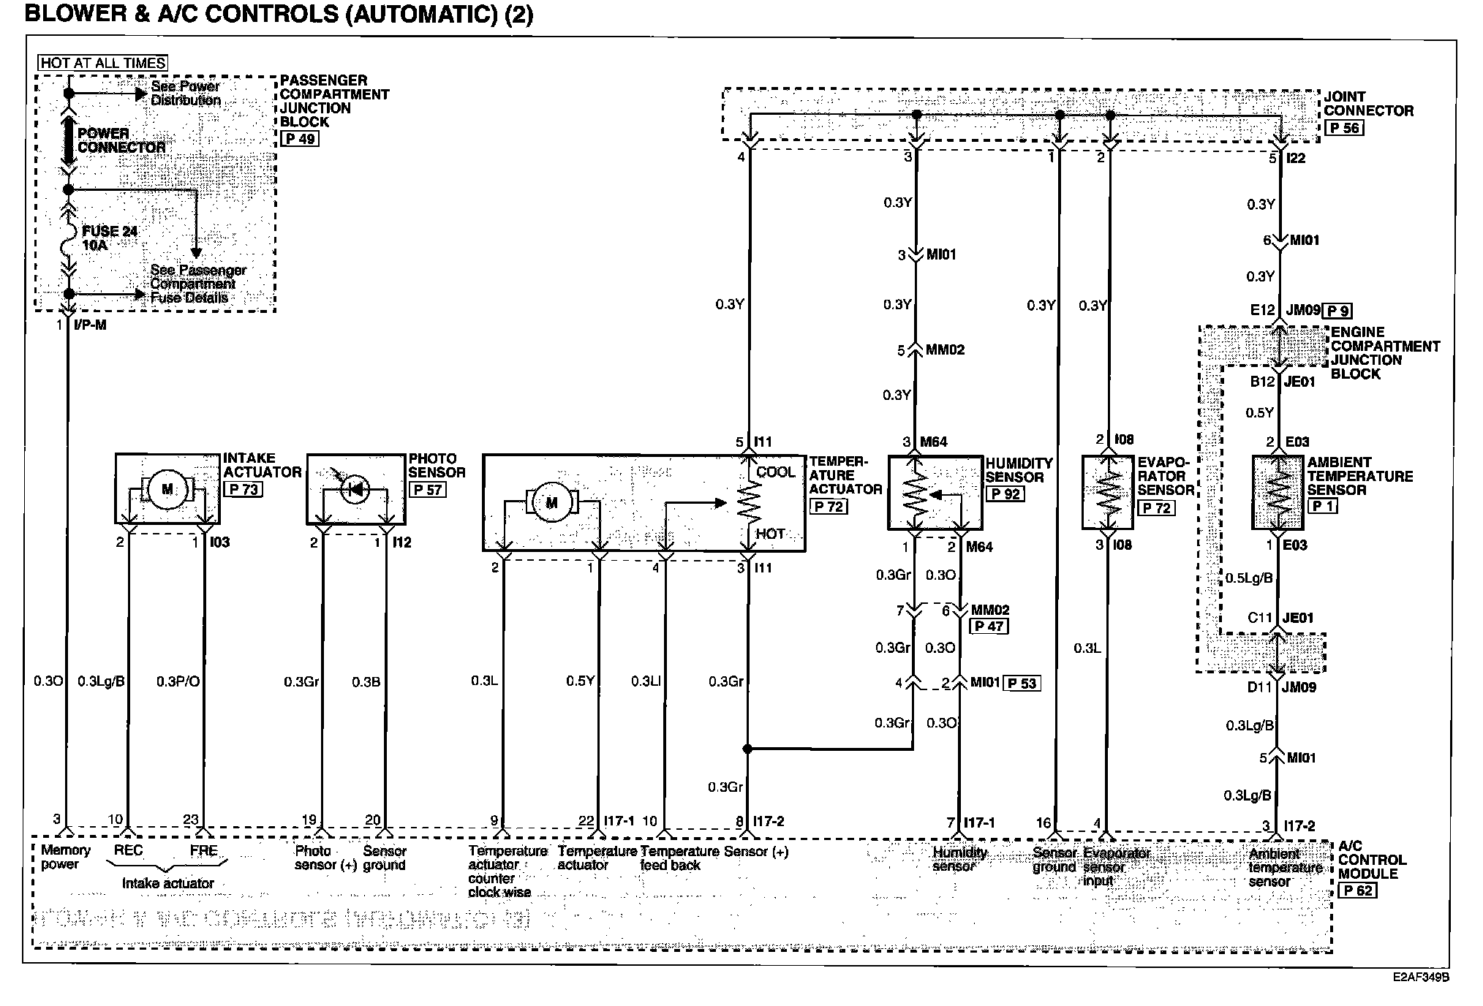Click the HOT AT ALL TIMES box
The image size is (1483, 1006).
click(x=103, y=64)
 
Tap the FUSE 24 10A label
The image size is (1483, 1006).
click(x=108, y=238)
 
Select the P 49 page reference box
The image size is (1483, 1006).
click(x=299, y=139)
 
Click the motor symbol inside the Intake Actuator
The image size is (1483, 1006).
click(x=167, y=489)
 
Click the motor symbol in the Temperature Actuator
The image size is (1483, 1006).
click(x=551, y=502)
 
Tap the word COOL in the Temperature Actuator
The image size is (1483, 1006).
click(x=775, y=472)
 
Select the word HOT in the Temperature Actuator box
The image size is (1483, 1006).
click(x=770, y=534)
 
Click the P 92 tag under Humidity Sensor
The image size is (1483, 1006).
click(x=1005, y=494)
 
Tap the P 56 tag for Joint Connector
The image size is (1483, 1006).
click(x=1343, y=128)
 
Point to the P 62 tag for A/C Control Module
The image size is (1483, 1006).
click(x=1358, y=890)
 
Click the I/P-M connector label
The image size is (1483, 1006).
click(x=90, y=325)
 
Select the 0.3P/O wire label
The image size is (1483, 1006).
click(x=178, y=682)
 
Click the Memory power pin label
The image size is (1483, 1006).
click(x=65, y=858)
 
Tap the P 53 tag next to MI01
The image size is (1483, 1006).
click(x=1022, y=684)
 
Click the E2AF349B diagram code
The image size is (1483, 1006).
click(x=1420, y=977)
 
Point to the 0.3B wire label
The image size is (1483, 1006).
click(x=366, y=682)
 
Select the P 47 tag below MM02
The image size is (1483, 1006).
click(x=988, y=627)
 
